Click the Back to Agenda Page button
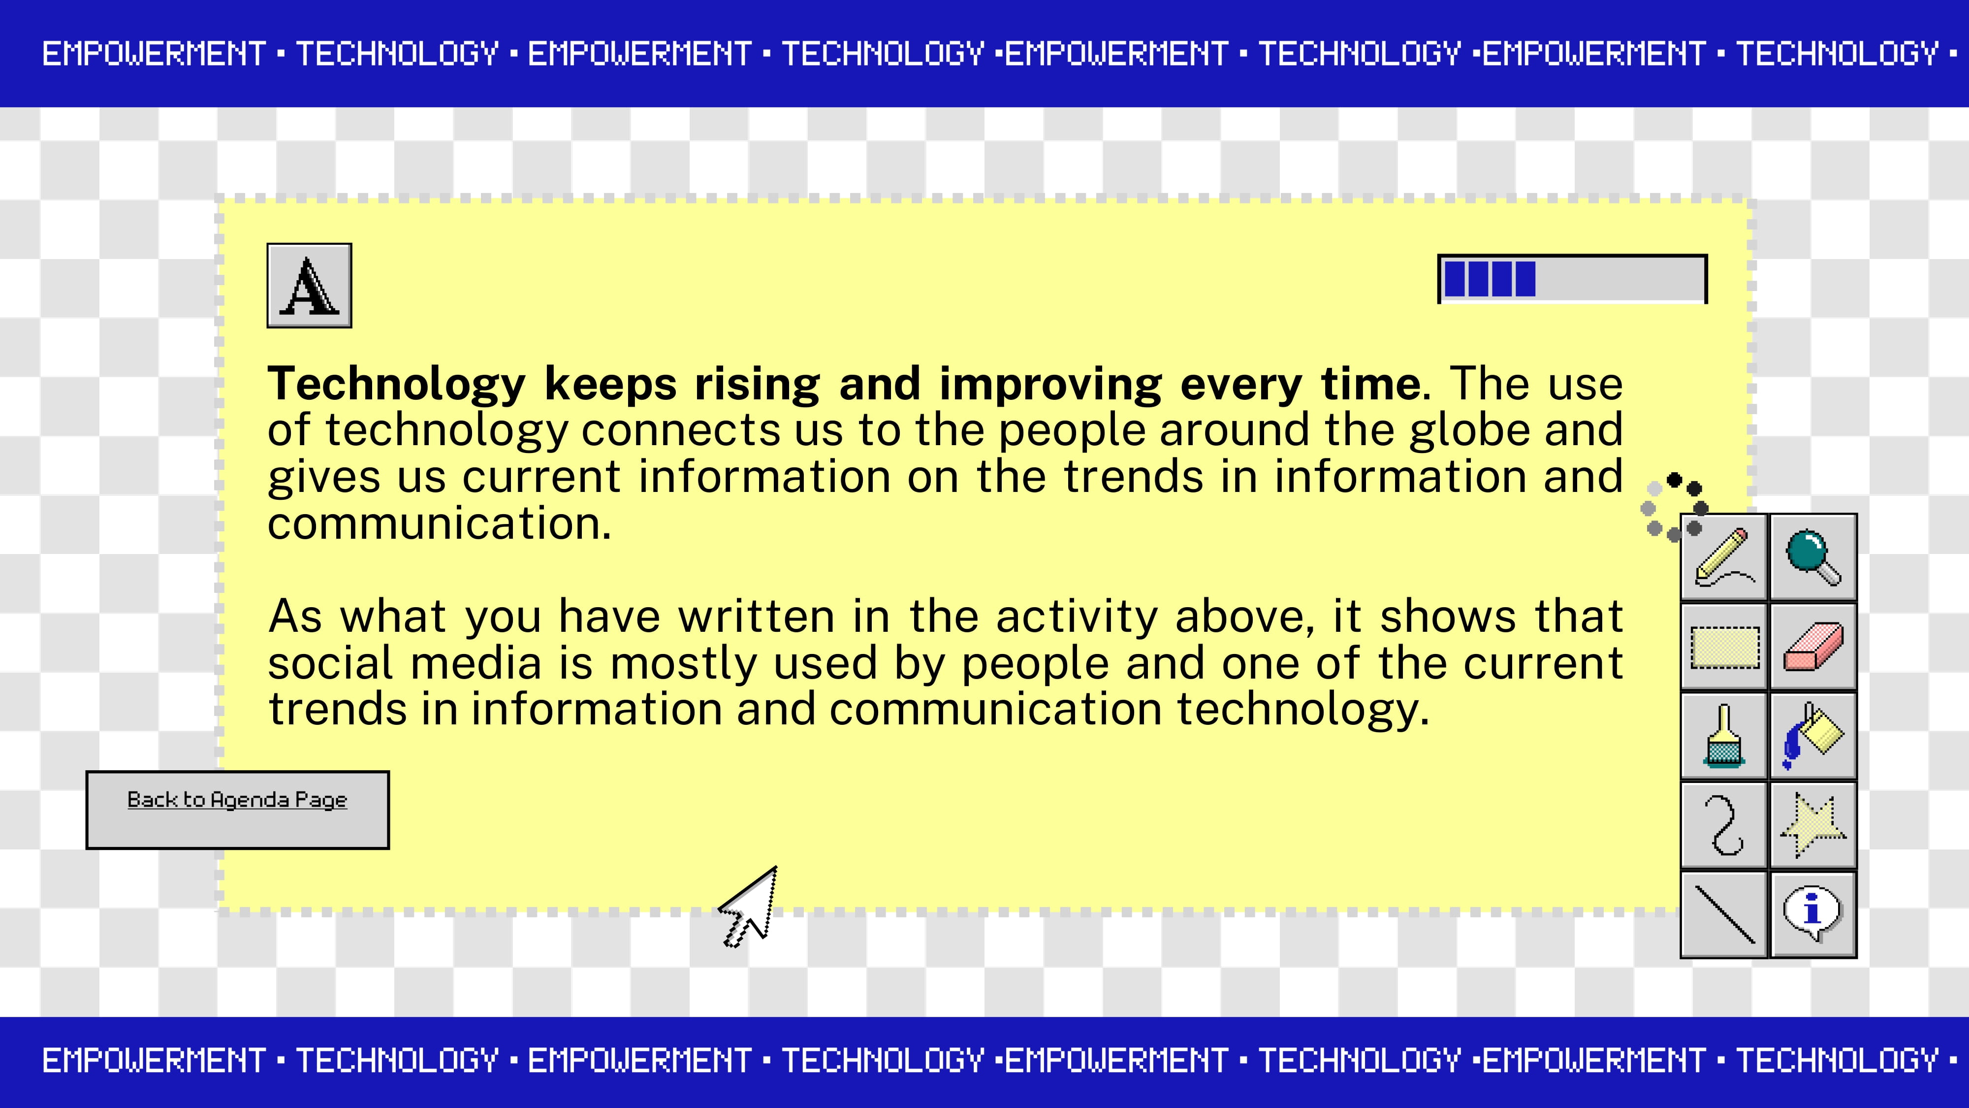tap(238, 810)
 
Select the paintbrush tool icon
tap(1724, 736)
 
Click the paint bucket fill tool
tap(1813, 736)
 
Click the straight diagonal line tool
tap(1724, 914)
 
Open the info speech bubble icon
tap(1813, 914)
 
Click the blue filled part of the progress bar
tap(1489, 279)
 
